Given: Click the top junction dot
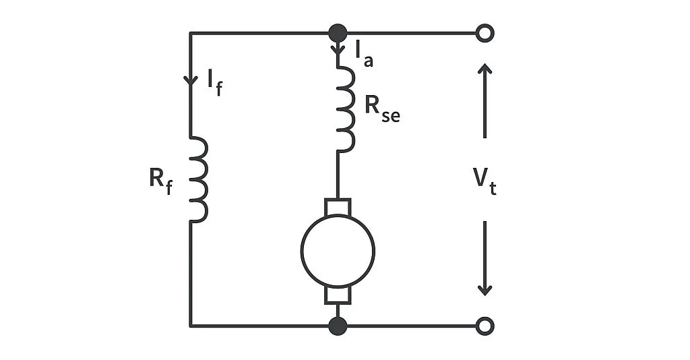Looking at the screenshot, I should pos(338,32).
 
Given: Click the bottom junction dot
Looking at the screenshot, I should pos(338,326).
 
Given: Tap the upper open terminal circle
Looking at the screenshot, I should pos(484,32).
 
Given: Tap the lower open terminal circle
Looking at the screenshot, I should pos(484,326).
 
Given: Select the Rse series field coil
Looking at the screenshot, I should pos(344,109).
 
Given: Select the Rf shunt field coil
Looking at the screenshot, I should pos(197,179).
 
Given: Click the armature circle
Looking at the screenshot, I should pos(338,251).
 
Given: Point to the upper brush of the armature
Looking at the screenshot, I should pos(338,206).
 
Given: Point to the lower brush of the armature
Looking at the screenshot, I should pos(338,295).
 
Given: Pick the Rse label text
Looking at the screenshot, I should pos(381,108).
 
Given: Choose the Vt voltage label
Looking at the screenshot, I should pos(484,181).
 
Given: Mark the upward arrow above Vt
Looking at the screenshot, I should pos(484,101).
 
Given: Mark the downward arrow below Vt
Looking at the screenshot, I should pos(484,260).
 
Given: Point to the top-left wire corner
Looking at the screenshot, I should pos(191,32).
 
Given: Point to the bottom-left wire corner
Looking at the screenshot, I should pos(191,326).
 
